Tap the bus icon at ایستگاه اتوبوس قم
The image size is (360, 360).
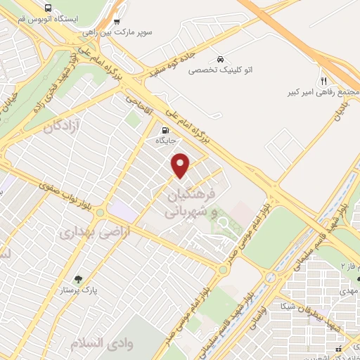(x=47, y=8)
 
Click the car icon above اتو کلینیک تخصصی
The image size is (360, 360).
(x=221, y=59)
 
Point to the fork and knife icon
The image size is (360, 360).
(x=324, y=80)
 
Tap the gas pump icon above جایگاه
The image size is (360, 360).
(x=165, y=129)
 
